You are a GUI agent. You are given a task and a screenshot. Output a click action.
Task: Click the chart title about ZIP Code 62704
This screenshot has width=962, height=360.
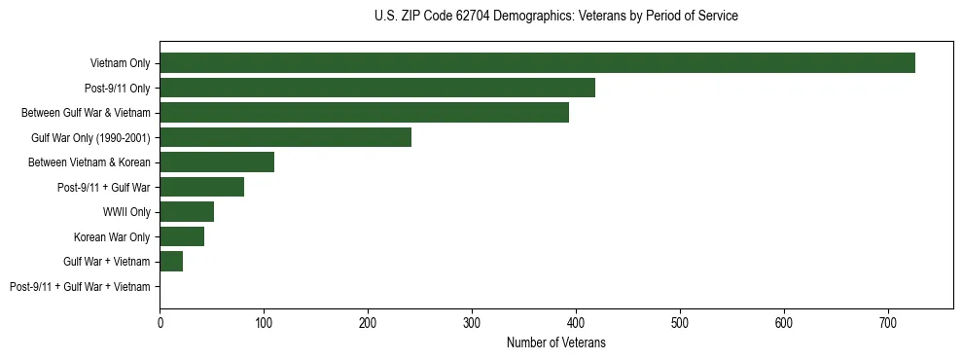tap(555, 17)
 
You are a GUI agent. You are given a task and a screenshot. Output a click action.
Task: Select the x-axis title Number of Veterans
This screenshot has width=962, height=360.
tap(555, 342)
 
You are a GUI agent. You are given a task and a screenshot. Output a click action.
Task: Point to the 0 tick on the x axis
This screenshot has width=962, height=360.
tap(160, 321)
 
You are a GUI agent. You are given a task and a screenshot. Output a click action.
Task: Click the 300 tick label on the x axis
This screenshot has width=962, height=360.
tap(472, 321)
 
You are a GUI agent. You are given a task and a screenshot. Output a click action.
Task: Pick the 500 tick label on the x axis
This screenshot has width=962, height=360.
tap(680, 321)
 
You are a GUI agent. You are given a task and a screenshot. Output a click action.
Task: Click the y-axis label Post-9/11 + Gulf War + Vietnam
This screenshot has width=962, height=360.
tap(80, 287)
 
